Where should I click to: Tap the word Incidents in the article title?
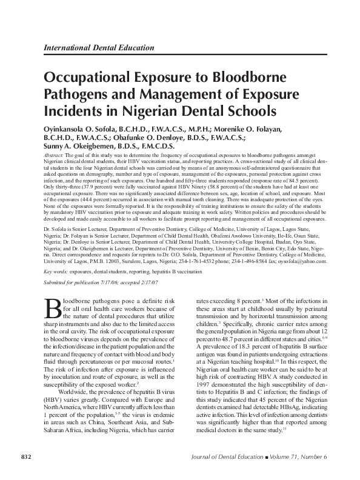75,112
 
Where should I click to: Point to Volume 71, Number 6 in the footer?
308,455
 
